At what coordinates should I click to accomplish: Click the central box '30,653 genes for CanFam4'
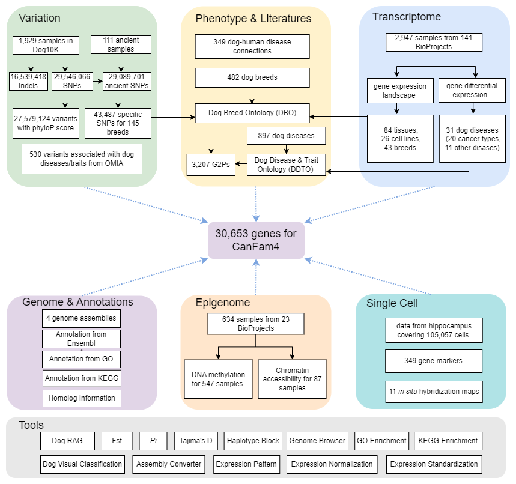tap(256, 240)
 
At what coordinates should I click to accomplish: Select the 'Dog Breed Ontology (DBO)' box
tap(252, 112)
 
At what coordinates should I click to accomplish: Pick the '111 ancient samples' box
tap(121, 44)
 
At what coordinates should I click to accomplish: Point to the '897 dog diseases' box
tap(286, 136)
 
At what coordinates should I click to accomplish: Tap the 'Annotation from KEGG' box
tap(82, 378)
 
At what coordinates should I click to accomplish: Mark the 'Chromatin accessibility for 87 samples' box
tap(292, 379)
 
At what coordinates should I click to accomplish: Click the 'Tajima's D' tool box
tap(196, 441)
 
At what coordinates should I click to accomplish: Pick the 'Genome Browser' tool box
tap(317, 441)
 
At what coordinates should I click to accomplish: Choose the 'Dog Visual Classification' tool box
tap(83, 464)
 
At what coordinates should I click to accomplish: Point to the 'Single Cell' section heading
tap(392, 303)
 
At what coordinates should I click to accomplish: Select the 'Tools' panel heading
tap(31, 425)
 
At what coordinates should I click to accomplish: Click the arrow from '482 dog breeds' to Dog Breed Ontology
tap(252, 95)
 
